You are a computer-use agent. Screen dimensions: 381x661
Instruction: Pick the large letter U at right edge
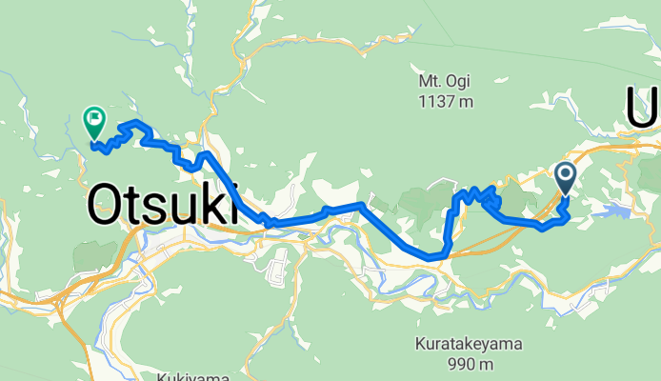tap(641, 108)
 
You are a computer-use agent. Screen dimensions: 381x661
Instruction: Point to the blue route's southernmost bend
tap(434, 256)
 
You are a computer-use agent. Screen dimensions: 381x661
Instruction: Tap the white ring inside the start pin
tap(565, 173)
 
